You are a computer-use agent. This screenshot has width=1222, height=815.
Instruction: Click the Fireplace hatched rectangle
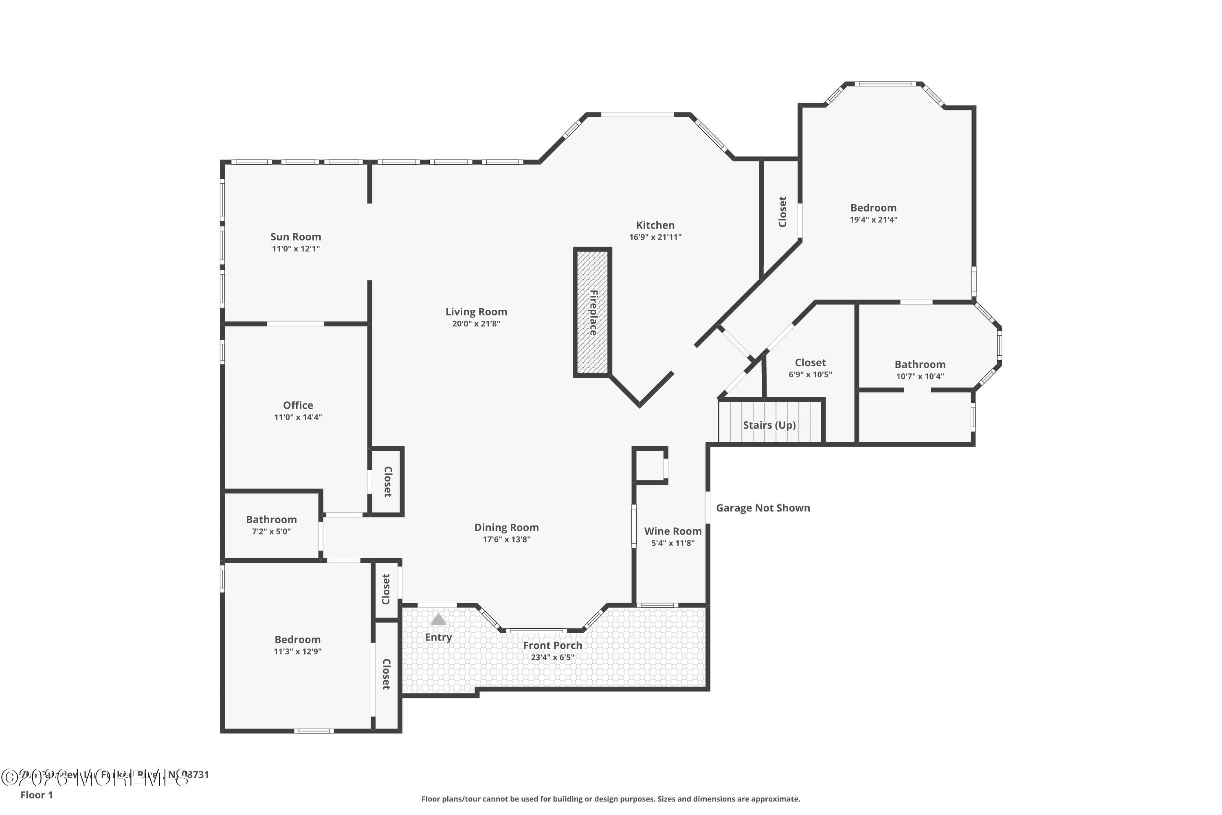click(592, 312)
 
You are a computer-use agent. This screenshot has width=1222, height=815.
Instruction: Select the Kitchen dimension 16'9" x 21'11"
click(655, 237)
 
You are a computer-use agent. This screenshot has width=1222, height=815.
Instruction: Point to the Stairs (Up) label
click(769, 425)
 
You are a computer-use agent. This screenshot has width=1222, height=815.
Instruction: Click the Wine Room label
click(673, 531)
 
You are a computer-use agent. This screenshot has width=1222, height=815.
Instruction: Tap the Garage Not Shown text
click(763, 508)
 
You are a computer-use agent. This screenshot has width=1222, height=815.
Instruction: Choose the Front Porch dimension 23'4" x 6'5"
click(552, 658)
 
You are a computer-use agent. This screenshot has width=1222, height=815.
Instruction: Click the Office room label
click(298, 405)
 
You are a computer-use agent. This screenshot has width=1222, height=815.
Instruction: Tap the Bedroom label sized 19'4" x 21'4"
click(873, 208)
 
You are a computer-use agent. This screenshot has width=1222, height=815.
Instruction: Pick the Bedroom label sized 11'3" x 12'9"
click(297, 640)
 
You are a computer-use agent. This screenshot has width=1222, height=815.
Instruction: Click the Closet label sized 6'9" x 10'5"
click(810, 363)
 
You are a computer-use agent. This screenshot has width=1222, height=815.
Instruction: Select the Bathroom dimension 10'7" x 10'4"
click(920, 376)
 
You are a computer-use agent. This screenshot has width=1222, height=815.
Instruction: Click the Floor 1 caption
click(36, 795)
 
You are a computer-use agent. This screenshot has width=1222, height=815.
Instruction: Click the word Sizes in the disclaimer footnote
click(669, 799)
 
